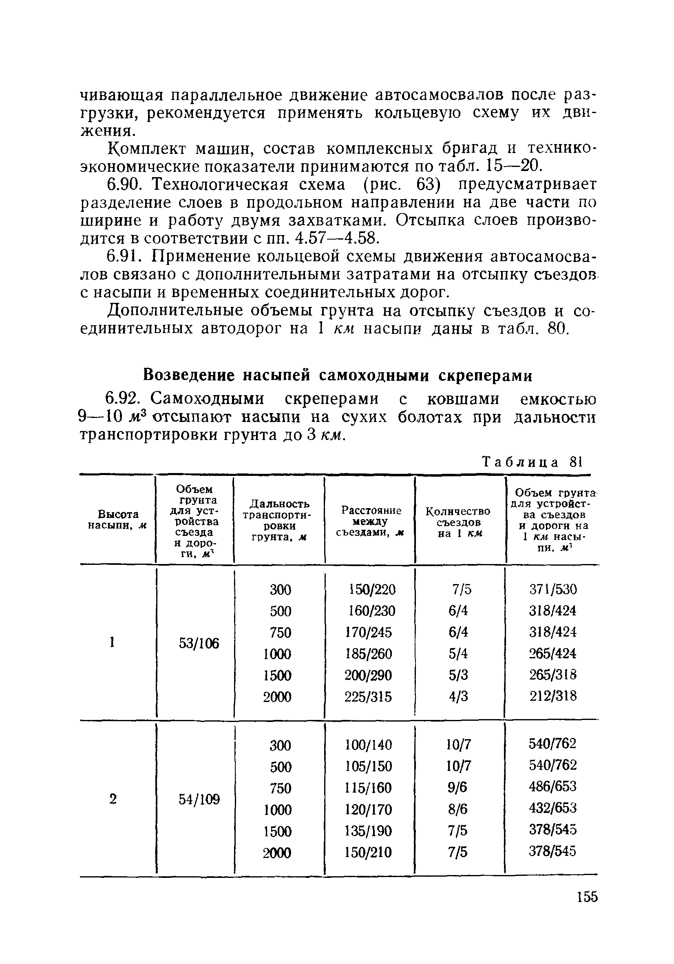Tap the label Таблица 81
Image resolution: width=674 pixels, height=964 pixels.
[x=532, y=462]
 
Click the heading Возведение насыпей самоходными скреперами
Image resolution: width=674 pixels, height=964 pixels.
[x=338, y=375]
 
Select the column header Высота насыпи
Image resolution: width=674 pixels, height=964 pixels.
[x=117, y=520]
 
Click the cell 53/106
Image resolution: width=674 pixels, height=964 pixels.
[x=199, y=644]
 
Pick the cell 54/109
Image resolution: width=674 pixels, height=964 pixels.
[x=199, y=800]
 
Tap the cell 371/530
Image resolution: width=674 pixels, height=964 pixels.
[x=553, y=589]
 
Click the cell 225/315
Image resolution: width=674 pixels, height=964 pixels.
[x=368, y=697]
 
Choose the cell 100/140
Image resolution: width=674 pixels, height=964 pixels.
[x=368, y=745]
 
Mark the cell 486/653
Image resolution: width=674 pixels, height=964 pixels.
[x=553, y=786]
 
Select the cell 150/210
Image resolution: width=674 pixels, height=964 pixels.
[x=368, y=852]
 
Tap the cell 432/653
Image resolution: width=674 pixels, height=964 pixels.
[x=553, y=808]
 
